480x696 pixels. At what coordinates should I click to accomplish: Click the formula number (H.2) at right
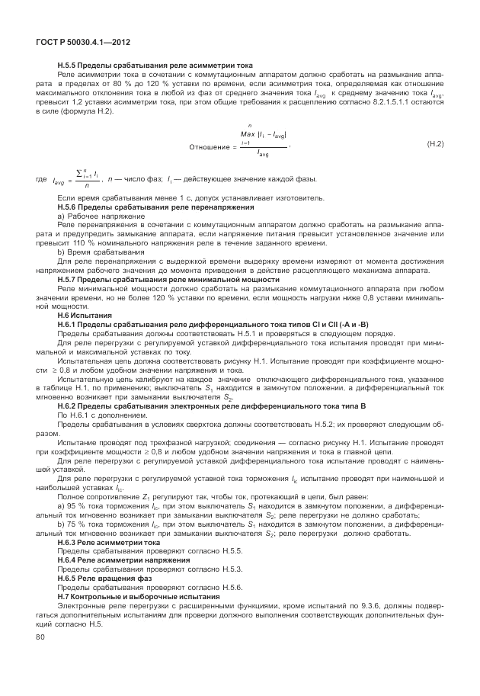pos(434,143)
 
